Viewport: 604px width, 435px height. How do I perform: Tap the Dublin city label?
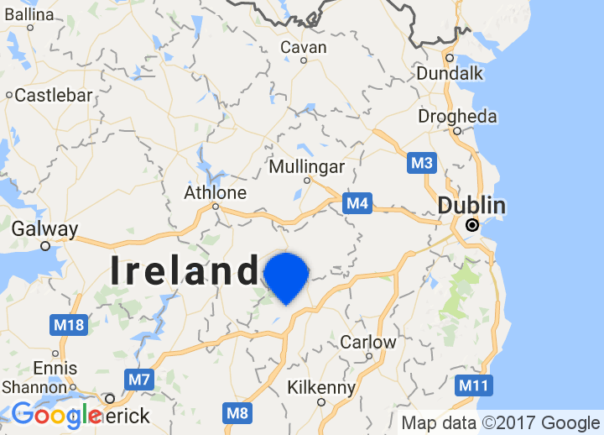pyautogui.click(x=471, y=206)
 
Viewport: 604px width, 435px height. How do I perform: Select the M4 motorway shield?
pyautogui.click(x=357, y=202)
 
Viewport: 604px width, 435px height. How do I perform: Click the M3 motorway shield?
pyautogui.click(x=422, y=163)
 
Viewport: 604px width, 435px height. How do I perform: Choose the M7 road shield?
pyautogui.click(x=139, y=380)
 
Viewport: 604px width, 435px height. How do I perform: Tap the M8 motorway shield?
pyautogui.click(x=237, y=412)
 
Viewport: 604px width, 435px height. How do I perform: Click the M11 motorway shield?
pyautogui.click(x=473, y=386)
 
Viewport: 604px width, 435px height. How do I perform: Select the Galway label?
pyautogui.click(x=44, y=228)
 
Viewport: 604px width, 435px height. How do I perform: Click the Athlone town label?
pyautogui.click(x=216, y=193)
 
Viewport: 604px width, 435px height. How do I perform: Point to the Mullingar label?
pyautogui.click(x=306, y=166)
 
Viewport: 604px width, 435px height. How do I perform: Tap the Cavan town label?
pyautogui.click(x=303, y=48)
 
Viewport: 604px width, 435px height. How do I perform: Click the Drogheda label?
pyautogui.click(x=457, y=117)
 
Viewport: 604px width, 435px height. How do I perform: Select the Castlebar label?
pyautogui.click(x=53, y=95)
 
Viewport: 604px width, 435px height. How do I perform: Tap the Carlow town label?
pyautogui.click(x=367, y=342)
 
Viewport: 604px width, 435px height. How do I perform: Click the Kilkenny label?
pyautogui.click(x=321, y=387)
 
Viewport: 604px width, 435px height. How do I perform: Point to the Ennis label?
pyautogui.click(x=55, y=368)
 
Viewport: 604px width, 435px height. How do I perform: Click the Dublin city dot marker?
pyautogui.click(x=472, y=225)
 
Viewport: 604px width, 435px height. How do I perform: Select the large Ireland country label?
pyautogui.click(x=185, y=271)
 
